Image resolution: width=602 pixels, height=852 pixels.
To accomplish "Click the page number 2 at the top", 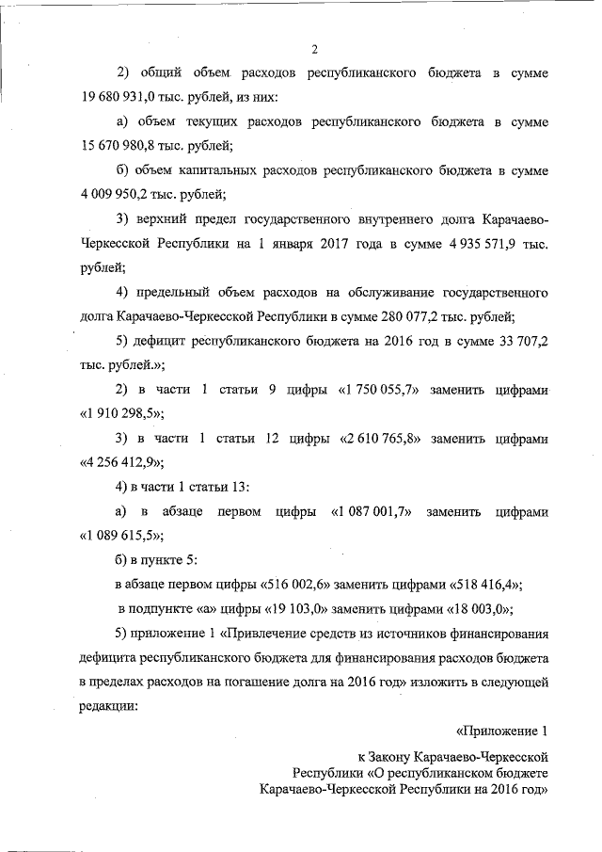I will coord(315,49).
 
